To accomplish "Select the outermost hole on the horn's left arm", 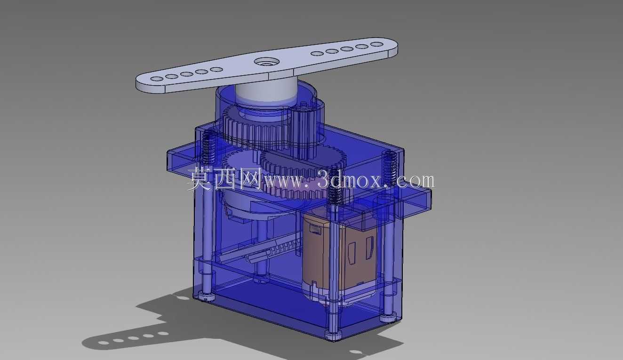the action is tap(157, 79).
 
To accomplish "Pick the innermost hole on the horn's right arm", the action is tap(317, 54).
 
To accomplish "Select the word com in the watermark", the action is tap(415, 181).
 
